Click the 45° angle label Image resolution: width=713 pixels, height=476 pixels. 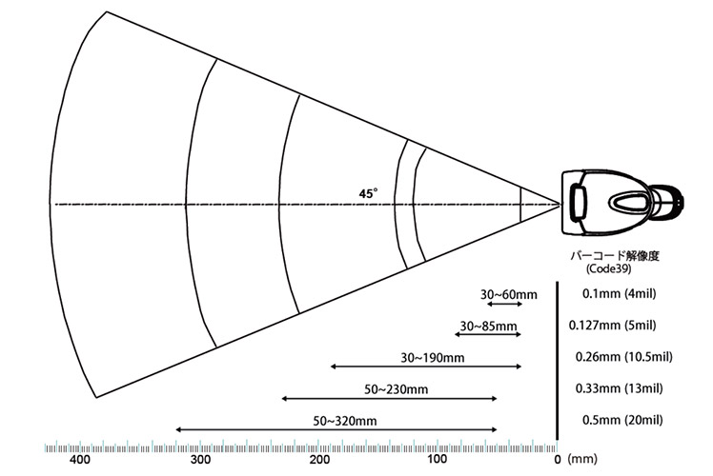(368, 194)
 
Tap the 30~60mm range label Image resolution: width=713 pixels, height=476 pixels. (509, 295)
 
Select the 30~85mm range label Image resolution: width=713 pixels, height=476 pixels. (488, 327)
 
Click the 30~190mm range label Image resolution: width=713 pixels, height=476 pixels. (433, 358)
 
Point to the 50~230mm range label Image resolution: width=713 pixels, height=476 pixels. (397, 389)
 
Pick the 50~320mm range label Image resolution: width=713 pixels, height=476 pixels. (345, 421)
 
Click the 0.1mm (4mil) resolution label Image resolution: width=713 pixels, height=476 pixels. (620, 294)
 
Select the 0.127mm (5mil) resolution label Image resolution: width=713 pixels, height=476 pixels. (613, 326)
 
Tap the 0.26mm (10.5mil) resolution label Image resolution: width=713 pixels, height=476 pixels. (623, 357)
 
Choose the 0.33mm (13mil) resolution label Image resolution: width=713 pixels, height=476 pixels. (620, 388)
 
